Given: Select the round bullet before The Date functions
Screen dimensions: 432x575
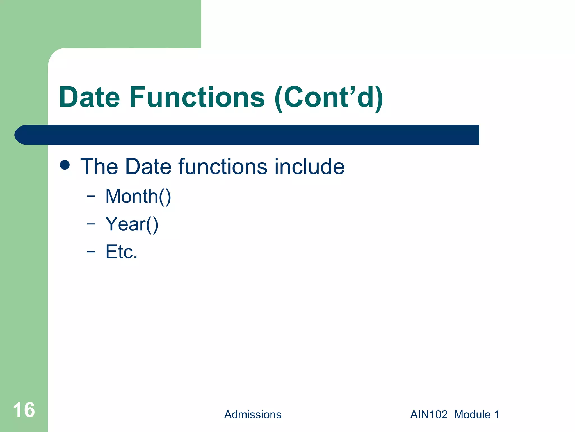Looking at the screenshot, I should (65, 165).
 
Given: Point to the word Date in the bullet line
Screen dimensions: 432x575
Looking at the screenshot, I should (148, 166).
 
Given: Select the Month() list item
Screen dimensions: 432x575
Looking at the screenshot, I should (138, 196).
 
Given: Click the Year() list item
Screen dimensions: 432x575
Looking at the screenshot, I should (132, 224).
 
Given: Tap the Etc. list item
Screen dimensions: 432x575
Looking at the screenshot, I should (121, 252).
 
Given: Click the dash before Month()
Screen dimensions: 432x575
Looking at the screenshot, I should (91, 196).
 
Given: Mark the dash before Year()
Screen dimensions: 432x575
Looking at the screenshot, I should (91, 224).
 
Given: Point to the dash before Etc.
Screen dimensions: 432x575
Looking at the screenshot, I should (91, 251).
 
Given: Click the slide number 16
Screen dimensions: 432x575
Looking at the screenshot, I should (24, 410).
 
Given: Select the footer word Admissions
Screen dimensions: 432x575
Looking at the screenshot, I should (253, 415).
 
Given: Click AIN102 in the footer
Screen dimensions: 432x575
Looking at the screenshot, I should (429, 415).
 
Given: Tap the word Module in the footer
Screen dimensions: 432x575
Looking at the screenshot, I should (472, 415).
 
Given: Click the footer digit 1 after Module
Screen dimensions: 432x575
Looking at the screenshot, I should (497, 415).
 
